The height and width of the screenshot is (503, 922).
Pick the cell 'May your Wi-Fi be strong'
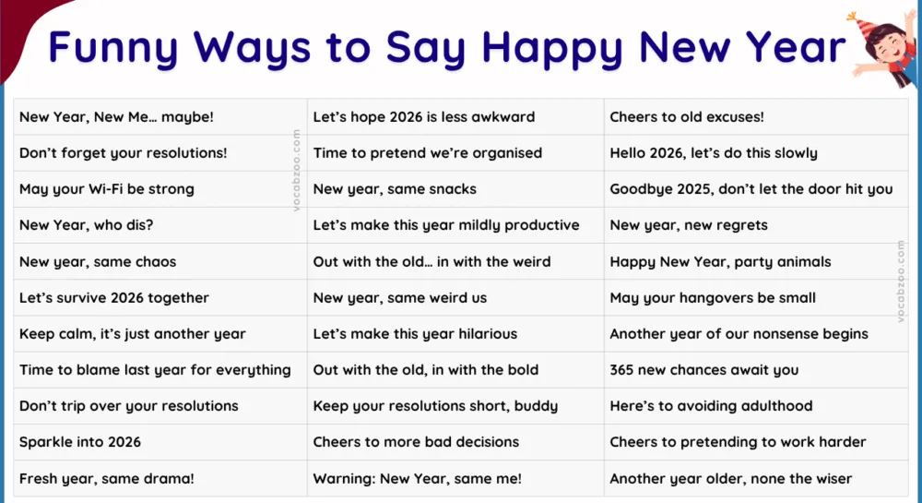coord(106,189)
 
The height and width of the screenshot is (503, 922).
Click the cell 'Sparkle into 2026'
coord(80,442)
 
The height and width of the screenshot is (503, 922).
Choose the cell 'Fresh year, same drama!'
coord(106,479)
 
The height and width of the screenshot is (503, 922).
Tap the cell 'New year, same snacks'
coord(395,189)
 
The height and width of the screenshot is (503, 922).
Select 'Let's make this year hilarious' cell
coord(415,334)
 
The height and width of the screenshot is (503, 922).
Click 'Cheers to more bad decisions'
coord(416,442)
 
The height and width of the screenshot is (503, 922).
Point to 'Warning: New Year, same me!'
coord(417,479)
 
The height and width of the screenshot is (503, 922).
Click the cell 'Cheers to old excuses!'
coord(687,117)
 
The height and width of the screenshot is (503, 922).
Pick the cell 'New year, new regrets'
coord(688,225)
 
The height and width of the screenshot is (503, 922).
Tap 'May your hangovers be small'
coord(713,298)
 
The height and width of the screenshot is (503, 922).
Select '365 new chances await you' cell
coord(704,370)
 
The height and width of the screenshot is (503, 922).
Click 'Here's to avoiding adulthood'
coord(711,406)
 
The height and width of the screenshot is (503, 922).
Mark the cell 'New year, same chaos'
coord(98,262)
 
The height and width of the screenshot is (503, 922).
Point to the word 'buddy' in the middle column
coord(536,406)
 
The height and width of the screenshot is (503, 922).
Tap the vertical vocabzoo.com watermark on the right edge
coord(901,281)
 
